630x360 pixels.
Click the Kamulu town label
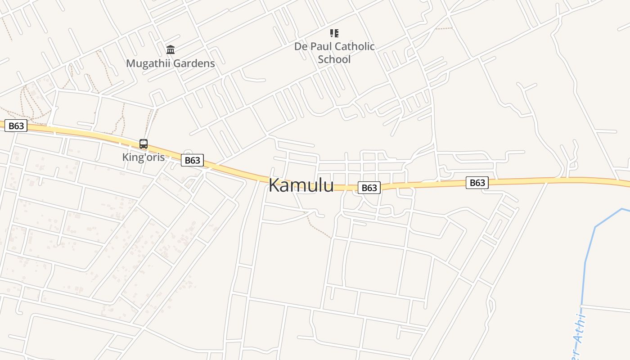[x=301, y=185]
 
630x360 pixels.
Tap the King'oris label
[x=143, y=157]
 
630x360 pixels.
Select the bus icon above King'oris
[x=144, y=144]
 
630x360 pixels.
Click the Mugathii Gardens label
[x=170, y=63]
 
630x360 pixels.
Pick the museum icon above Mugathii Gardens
[x=171, y=49]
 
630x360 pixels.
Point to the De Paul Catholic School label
[x=334, y=53]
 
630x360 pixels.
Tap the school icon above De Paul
[x=334, y=33]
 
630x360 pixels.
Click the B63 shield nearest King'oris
[x=192, y=160]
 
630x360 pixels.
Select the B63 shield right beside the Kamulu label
[x=369, y=188]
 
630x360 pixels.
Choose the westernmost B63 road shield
[x=16, y=126]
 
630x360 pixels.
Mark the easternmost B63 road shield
[x=477, y=182]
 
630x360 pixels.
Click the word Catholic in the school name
[x=355, y=46]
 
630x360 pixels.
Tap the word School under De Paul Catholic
[x=334, y=59]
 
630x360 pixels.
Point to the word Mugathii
[x=148, y=63]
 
